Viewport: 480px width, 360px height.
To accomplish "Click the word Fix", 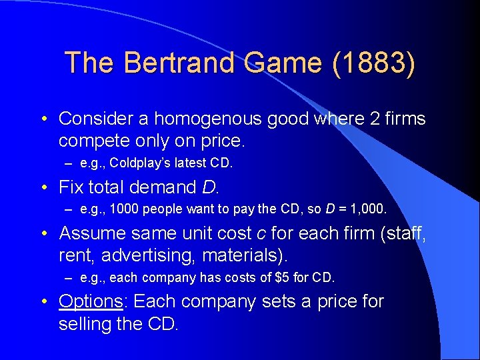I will pyautogui.click(x=73, y=187).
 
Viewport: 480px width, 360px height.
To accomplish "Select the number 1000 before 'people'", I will pyautogui.click(x=123, y=210).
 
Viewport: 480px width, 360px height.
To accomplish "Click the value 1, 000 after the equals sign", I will pyautogui.click(x=367, y=210).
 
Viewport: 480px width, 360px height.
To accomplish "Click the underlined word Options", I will pyautogui.click(x=91, y=301).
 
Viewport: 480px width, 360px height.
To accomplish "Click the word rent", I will pyautogui.click(x=73, y=255).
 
